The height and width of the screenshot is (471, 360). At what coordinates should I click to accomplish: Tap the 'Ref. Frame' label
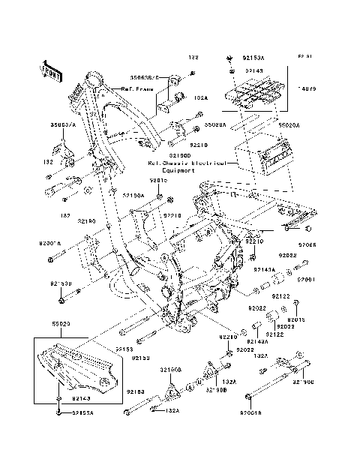click(136, 89)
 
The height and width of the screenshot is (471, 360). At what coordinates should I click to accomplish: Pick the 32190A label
click(133, 194)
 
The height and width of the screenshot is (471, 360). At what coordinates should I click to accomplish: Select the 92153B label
click(61, 283)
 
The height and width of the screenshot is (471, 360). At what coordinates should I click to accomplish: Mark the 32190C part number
click(302, 382)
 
